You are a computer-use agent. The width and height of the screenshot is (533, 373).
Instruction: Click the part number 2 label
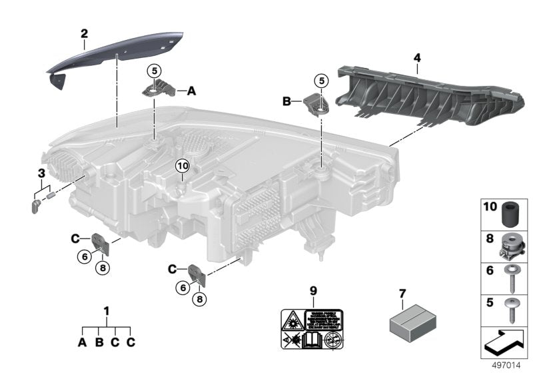[84, 33]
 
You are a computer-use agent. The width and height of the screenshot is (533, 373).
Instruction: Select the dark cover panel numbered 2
[113, 55]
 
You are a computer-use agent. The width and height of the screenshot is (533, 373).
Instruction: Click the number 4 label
[417, 59]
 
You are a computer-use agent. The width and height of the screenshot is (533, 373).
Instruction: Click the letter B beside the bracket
[287, 101]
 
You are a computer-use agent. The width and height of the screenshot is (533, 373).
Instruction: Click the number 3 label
[41, 173]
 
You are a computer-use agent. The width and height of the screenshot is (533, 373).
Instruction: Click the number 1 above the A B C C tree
[107, 310]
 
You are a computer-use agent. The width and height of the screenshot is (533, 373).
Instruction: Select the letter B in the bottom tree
[99, 342]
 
